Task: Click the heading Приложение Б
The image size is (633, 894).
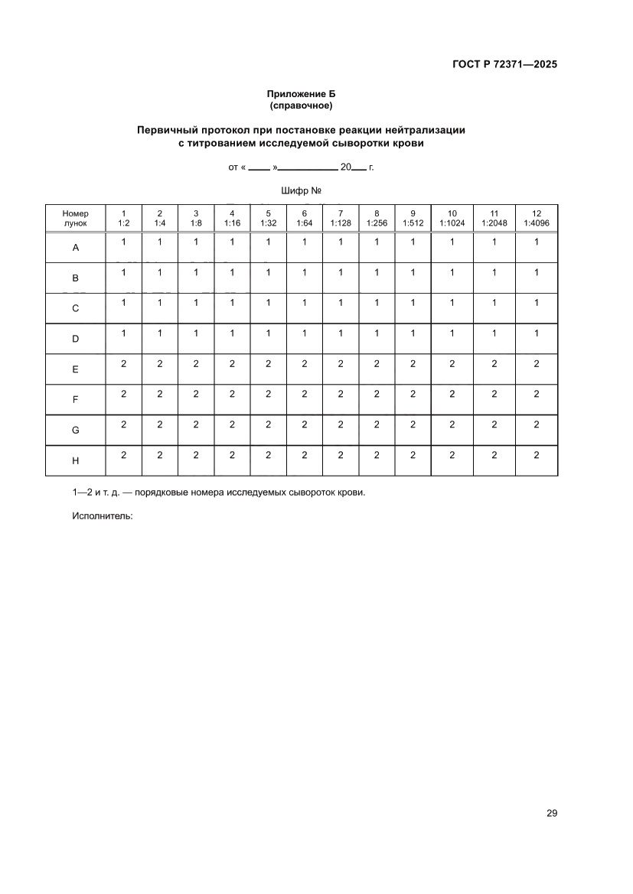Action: click(301, 93)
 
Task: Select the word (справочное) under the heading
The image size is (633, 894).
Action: click(301, 105)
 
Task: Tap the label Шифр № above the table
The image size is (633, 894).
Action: click(301, 190)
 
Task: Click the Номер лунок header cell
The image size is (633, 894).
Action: click(76, 218)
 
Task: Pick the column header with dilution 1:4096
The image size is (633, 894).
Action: click(537, 218)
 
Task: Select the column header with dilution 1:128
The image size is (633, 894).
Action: click(341, 218)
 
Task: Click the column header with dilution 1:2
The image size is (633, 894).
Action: click(124, 218)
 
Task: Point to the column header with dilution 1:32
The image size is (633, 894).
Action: click(268, 218)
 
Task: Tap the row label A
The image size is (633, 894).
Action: click(76, 248)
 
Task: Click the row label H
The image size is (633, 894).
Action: click(76, 460)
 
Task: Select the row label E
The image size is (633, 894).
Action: click(76, 369)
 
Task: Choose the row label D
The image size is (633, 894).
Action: click(76, 339)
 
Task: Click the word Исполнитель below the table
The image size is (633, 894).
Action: click(103, 516)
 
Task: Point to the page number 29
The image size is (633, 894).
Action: click(552, 813)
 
